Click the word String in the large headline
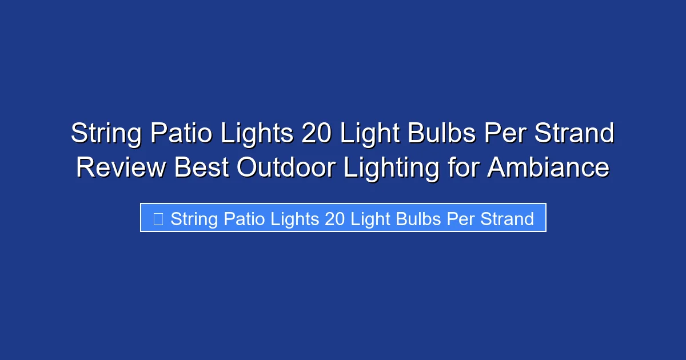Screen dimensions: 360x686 106,134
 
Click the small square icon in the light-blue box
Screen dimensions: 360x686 158,218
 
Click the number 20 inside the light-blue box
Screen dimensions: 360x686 335,219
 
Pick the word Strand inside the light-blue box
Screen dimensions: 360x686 507,219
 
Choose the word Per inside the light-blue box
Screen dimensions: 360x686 460,219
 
